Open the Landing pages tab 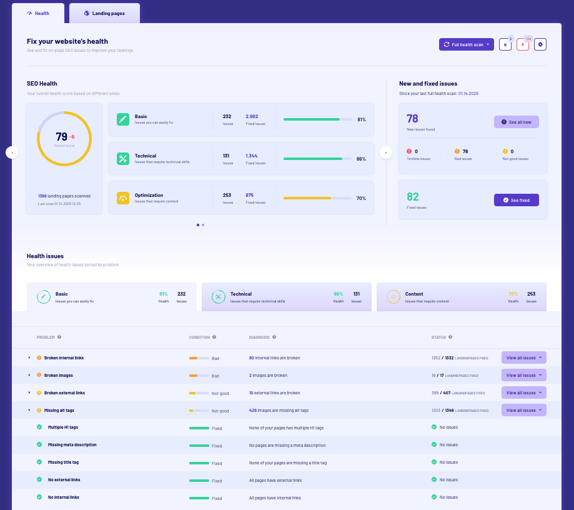click(x=104, y=13)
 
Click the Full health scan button click(x=466, y=44)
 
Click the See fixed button click(x=516, y=200)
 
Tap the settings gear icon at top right click(x=540, y=44)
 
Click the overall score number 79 click(x=61, y=137)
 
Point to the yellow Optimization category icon click(x=123, y=198)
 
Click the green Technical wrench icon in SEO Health click(x=123, y=159)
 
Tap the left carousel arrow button click(x=12, y=152)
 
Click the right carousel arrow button click(x=387, y=152)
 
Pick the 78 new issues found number click(x=412, y=119)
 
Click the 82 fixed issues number click(x=412, y=197)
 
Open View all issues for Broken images click(x=523, y=375)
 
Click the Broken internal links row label click(x=64, y=358)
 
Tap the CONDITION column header click(x=200, y=337)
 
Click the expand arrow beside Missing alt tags click(x=29, y=411)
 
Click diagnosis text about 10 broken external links click(x=274, y=393)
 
